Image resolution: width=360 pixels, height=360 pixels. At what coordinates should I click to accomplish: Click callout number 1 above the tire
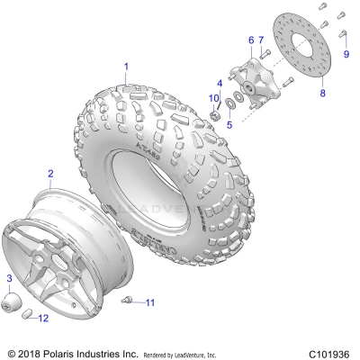tap(127, 66)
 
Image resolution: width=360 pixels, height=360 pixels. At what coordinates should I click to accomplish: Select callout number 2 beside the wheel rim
tap(50, 172)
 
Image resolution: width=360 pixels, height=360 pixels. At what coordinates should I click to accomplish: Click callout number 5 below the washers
tap(229, 124)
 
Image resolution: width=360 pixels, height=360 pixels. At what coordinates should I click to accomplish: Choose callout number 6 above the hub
tap(251, 40)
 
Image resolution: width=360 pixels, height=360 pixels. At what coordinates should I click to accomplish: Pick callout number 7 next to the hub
tap(261, 40)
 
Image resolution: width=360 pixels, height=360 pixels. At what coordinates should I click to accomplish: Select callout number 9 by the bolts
tap(346, 52)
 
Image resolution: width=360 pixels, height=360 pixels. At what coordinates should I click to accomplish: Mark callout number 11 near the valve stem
tap(150, 301)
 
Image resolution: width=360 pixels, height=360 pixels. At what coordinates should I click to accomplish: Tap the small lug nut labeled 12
tap(27, 314)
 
